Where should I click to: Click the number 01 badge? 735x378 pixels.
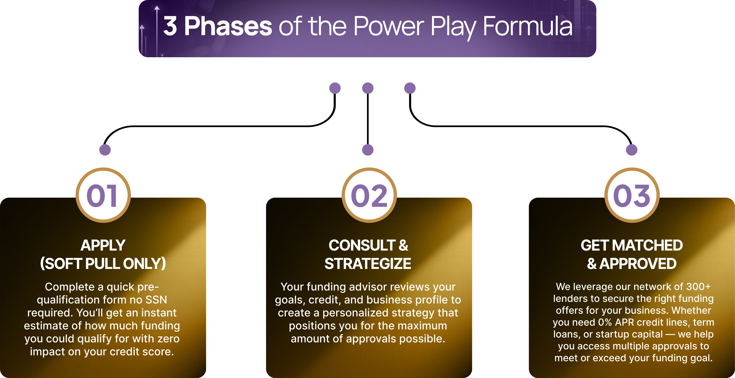[x=103, y=195]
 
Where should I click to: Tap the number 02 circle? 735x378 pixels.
[x=369, y=195]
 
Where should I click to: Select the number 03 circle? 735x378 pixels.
[x=632, y=195]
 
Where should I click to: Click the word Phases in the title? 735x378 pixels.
[x=228, y=26]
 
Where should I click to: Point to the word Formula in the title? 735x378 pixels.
[x=528, y=26]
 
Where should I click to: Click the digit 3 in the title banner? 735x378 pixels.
[x=170, y=26]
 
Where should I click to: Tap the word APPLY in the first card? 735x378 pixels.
[x=103, y=245]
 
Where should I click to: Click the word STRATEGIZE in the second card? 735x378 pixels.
[x=368, y=264]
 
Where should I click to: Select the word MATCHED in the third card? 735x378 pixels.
[x=647, y=245]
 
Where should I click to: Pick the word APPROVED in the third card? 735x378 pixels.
[x=638, y=264]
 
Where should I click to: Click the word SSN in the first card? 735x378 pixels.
[x=156, y=300]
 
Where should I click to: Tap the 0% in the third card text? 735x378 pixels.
[x=605, y=322]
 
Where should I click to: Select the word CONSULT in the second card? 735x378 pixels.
[x=362, y=245]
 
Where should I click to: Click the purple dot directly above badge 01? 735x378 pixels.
[x=105, y=150]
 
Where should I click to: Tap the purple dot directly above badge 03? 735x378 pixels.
[x=632, y=150]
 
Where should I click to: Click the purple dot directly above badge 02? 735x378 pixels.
[x=368, y=150]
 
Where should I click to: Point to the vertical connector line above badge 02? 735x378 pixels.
[x=368, y=119]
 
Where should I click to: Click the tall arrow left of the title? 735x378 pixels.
[x=157, y=31]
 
